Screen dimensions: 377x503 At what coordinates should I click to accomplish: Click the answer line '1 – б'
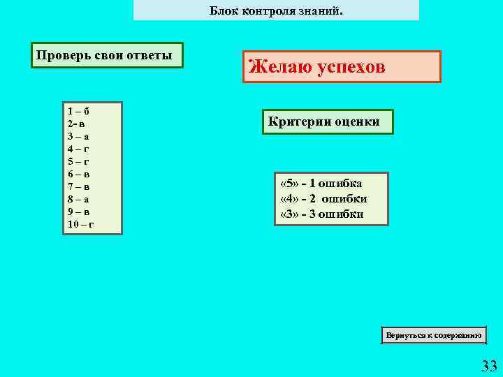pyautogui.click(x=78, y=111)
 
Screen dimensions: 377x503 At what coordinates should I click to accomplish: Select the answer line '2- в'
pyautogui.click(x=77, y=124)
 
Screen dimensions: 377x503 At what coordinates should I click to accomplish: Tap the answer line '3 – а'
pyautogui.click(x=78, y=136)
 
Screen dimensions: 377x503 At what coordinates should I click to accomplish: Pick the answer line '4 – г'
pyautogui.click(x=78, y=149)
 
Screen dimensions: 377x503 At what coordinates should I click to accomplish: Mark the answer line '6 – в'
pyautogui.click(x=78, y=174)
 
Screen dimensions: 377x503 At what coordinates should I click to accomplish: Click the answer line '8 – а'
pyautogui.click(x=78, y=199)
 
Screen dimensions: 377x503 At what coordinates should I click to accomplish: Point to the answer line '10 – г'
pyautogui.click(x=81, y=224)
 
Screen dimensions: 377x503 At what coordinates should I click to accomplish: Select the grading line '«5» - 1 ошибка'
pyautogui.click(x=321, y=184)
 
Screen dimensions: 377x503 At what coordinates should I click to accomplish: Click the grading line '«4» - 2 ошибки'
pyautogui.click(x=323, y=198)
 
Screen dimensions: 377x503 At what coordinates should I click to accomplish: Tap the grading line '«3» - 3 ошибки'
pyautogui.click(x=321, y=214)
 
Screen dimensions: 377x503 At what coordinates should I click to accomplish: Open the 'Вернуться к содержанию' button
pyautogui.click(x=434, y=336)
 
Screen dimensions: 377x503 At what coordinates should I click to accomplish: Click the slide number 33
pyautogui.click(x=488, y=365)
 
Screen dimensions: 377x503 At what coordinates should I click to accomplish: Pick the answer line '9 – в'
pyautogui.click(x=78, y=212)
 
